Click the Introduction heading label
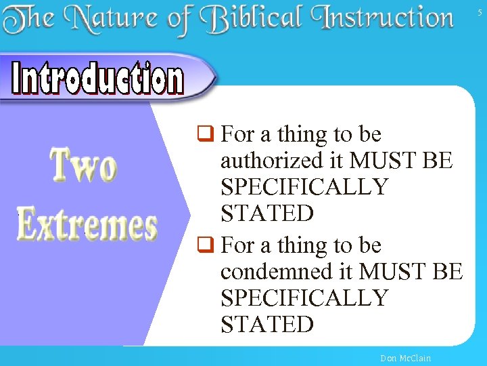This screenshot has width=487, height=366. (98, 79)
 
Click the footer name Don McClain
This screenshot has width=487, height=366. (405, 358)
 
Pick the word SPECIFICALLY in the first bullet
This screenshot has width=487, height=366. (304, 187)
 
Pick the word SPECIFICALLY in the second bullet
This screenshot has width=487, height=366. (304, 298)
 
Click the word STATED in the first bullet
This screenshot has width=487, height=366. (266, 213)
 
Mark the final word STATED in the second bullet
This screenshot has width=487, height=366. (266, 325)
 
